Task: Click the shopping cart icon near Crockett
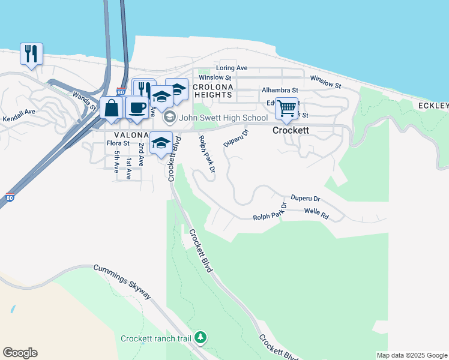[287, 108]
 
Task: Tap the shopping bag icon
[112, 108]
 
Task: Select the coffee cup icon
[137, 107]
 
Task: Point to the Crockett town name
[291, 130]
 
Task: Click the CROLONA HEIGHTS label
[212, 91]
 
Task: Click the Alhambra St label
[280, 90]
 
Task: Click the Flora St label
[118, 143]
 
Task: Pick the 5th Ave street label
[116, 159]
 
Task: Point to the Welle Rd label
[316, 213]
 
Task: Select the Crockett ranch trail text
[156, 339]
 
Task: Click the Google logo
[20, 353]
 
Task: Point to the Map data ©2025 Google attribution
[412, 355]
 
